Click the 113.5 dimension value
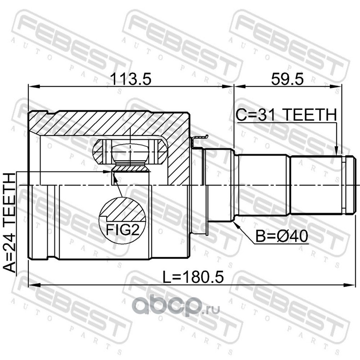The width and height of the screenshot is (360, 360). tap(130, 79)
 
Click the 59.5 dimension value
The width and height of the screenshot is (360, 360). tap(287, 79)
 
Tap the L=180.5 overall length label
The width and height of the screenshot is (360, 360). tap(193, 277)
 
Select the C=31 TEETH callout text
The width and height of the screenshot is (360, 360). tap(286, 115)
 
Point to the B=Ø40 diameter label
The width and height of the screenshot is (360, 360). tap(282, 236)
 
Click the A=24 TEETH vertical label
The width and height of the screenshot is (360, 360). tap(9, 223)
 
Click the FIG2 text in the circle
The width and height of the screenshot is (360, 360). tap(122, 229)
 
